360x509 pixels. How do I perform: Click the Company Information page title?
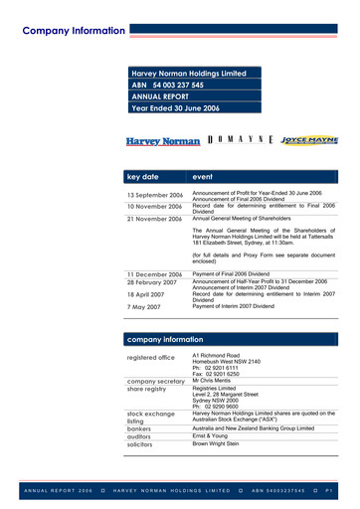[x=75, y=30]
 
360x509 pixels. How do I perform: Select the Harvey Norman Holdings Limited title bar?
[x=195, y=74]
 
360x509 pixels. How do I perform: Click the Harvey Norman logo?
[x=163, y=142]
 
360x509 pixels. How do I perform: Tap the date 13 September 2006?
[x=154, y=196]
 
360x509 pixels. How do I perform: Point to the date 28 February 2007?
[x=153, y=282]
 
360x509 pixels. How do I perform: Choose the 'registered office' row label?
[x=150, y=358]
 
